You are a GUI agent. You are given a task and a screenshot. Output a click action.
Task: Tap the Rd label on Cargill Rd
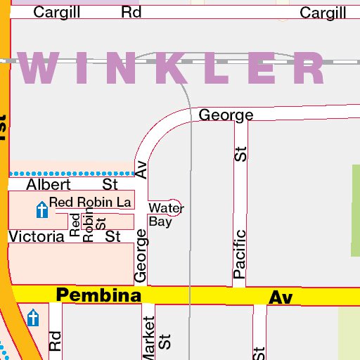tap(131, 12)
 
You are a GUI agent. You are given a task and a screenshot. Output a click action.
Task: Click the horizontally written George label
tap(226, 115)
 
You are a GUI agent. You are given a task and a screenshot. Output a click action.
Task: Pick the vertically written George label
tap(141, 256)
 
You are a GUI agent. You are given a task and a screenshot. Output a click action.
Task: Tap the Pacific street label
tap(240, 253)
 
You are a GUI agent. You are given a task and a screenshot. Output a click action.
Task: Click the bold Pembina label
tap(98, 295)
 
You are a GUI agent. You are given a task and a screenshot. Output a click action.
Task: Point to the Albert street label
tap(49, 185)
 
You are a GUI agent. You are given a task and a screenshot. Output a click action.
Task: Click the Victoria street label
tap(36, 237)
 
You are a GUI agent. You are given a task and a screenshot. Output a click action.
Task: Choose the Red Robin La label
tap(90, 202)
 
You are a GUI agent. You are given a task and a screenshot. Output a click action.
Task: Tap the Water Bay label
tap(166, 214)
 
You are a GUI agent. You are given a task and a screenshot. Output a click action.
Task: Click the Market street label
tap(148, 338)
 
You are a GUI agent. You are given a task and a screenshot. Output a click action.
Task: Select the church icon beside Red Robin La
tap(41, 209)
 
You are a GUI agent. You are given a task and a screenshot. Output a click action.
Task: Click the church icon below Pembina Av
tap(33, 319)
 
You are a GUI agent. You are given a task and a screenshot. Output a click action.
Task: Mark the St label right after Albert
tap(110, 185)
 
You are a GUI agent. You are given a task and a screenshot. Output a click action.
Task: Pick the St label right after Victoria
tap(113, 237)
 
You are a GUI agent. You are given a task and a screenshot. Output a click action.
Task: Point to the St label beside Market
tap(165, 342)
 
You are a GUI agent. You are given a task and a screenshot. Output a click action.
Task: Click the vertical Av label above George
tap(141, 169)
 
